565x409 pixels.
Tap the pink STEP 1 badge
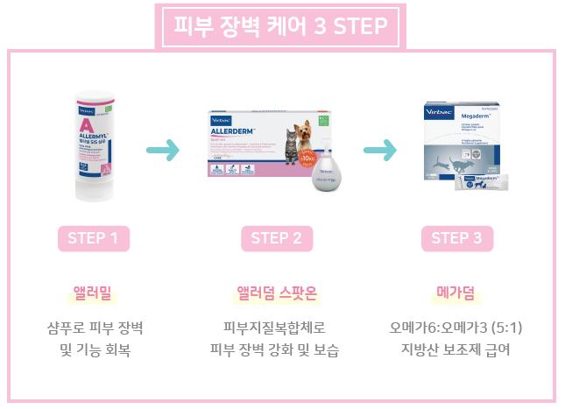(x=93, y=238)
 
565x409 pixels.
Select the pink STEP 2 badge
(x=276, y=238)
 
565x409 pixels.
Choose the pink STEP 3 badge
(x=456, y=238)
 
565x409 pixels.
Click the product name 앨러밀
(x=93, y=292)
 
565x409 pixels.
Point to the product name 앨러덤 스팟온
(x=276, y=292)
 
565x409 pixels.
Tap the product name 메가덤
(x=456, y=292)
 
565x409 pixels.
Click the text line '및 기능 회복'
(x=93, y=350)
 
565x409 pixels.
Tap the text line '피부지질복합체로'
(x=276, y=328)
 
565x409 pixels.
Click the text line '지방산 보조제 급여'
(x=456, y=350)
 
